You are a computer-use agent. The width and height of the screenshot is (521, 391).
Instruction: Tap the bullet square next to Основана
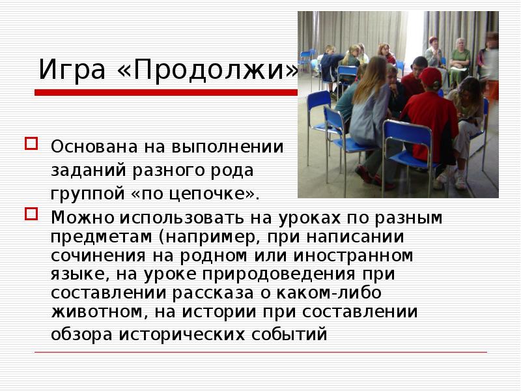click(29, 143)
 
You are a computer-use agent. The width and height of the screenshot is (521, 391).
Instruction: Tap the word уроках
click(312, 218)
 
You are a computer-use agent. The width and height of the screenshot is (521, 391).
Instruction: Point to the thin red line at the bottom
click(260, 353)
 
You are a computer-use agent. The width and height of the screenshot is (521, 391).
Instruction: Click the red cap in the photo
click(430, 77)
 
